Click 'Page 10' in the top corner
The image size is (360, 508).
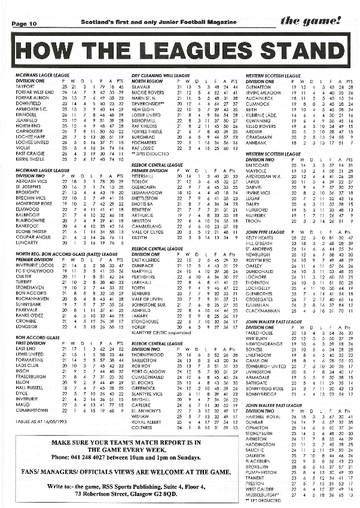click(24, 23)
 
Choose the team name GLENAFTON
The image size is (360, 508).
click(258, 87)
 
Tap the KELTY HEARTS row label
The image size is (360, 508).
click(261, 238)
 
